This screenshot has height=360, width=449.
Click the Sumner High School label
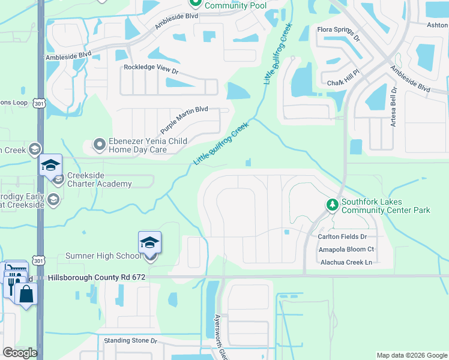(103, 256)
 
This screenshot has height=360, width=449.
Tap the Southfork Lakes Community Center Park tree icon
(332, 206)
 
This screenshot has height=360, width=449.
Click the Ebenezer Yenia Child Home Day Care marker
(99, 145)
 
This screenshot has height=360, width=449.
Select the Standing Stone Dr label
(130, 340)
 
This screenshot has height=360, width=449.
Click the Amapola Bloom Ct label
(346, 250)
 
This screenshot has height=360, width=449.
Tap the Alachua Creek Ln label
(346, 262)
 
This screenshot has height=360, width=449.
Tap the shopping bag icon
(26, 294)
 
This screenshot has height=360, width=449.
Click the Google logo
(19, 353)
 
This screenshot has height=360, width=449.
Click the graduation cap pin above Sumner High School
(149, 242)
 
